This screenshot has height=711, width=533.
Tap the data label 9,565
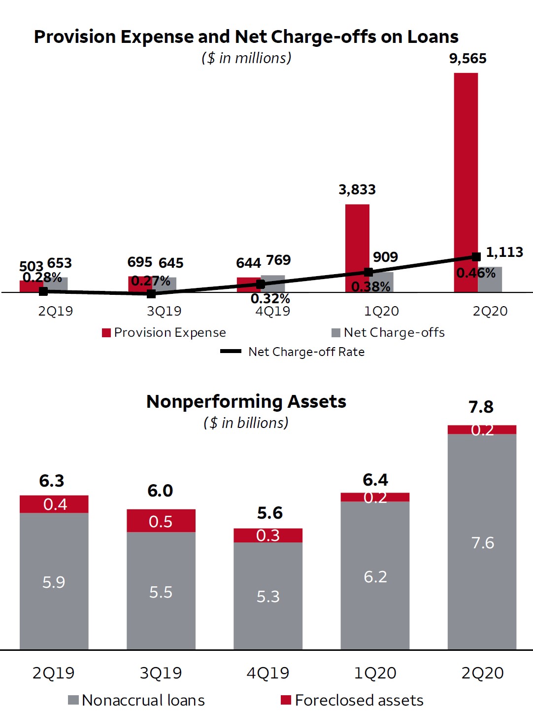pyautogui.click(x=467, y=59)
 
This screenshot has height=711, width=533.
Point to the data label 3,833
pyautogui.click(x=357, y=190)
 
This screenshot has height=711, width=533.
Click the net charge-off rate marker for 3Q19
pyautogui.click(x=151, y=294)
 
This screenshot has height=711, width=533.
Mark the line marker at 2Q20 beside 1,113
pyautogui.click(x=476, y=257)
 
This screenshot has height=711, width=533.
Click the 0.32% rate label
pyautogui.click(x=270, y=299)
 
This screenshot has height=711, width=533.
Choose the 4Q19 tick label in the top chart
pyautogui.click(x=272, y=312)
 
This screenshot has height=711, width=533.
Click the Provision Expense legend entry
pyautogui.click(x=164, y=333)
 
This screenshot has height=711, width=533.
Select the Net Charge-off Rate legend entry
pyautogui.click(x=293, y=352)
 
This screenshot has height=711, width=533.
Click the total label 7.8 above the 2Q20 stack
pyautogui.click(x=481, y=407)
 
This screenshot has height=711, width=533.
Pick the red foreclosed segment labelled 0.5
pyautogui.click(x=161, y=521)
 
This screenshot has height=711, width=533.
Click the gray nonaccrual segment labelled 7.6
pyautogui.click(x=482, y=542)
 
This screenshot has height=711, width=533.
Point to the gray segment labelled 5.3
pyautogui.click(x=268, y=597)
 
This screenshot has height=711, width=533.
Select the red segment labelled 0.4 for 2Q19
pyautogui.click(x=54, y=504)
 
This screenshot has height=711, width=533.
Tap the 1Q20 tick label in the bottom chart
pyautogui.click(x=375, y=673)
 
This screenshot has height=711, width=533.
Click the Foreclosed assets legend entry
pyautogui.click(x=352, y=700)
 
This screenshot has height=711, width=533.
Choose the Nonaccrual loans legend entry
pyautogui.click(x=136, y=700)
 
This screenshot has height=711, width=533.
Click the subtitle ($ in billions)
pyautogui.click(x=246, y=423)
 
